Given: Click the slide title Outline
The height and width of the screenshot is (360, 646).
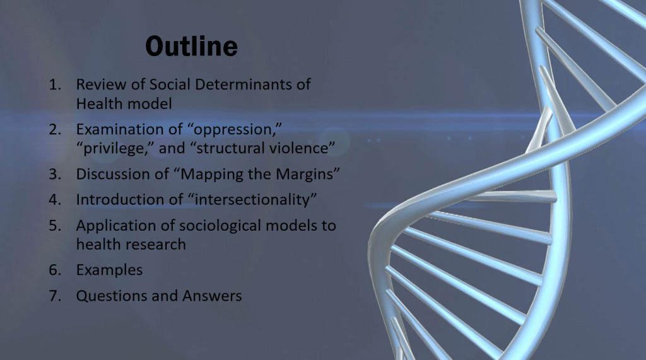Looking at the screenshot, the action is click(x=192, y=46).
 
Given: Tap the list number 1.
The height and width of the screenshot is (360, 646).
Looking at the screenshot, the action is click(x=55, y=84).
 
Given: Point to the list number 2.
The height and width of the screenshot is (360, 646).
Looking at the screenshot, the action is click(x=55, y=129).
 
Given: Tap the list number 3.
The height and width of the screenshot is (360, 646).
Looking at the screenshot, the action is click(x=55, y=174).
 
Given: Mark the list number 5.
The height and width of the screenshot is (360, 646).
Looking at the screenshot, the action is click(x=55, y=226).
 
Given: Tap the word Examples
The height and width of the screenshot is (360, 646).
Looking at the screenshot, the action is click(x=109, y=270).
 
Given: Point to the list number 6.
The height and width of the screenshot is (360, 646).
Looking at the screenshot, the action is click(x=55, y=270).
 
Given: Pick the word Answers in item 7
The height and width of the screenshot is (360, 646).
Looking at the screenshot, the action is click(x=212, y=296).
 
